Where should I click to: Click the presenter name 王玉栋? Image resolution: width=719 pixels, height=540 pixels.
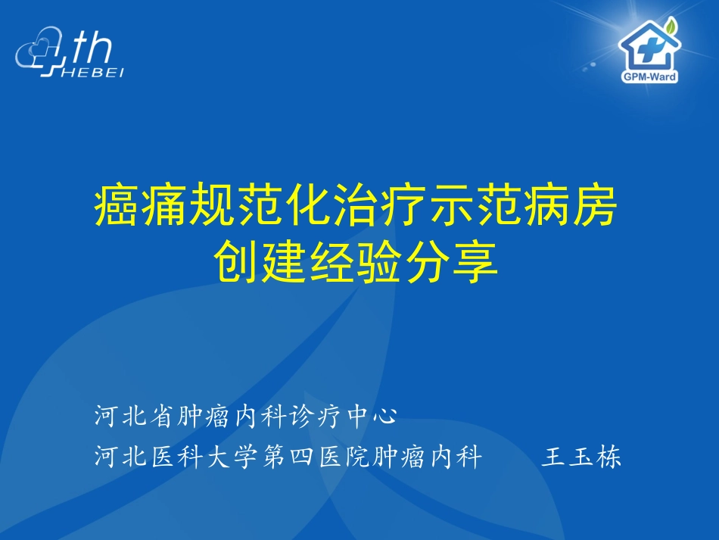pyautogui.click(x=582, y=458)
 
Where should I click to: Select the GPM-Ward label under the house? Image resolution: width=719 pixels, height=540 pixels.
pyautogui.click(x=648, y=77)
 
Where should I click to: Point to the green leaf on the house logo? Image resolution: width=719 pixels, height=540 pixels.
pyautogui.click(x=671, y=26)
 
